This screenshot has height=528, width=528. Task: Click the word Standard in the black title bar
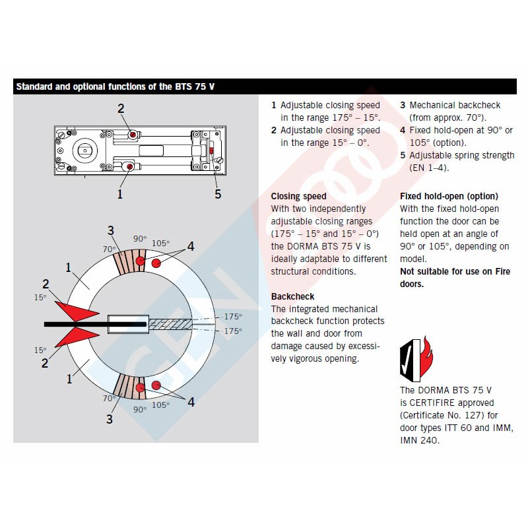pos(35,86)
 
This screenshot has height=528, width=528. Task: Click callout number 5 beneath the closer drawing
pos(218,194)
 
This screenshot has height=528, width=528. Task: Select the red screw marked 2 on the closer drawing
pos(133,134)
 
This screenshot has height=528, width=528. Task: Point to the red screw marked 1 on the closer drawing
pos(130,167)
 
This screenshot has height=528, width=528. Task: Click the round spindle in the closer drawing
pos(85,150)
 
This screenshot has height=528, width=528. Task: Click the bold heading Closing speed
pos(298,196)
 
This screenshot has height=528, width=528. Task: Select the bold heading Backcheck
pos(292,296)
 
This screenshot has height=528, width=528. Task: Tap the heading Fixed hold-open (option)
pos(449,196)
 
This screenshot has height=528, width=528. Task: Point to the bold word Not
pos(407,271)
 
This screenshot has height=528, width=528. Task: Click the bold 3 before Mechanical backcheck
pos(403,105)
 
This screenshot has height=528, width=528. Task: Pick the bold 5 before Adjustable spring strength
pos(403,155)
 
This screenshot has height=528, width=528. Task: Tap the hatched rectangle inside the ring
pos(170,324)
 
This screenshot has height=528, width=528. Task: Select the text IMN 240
pos(420,440)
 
